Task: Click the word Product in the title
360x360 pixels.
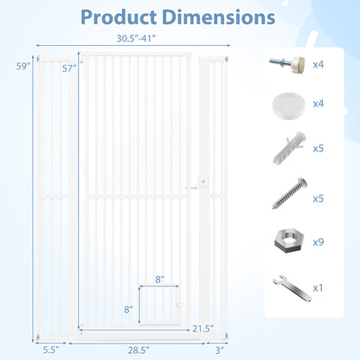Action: [x=119, y=17]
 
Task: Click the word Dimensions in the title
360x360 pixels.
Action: [x=219, y=17]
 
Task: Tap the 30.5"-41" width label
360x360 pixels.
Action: [x=136, y=38]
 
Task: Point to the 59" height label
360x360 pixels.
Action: [x=23, y=67]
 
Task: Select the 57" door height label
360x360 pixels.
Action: [x=69, y=68]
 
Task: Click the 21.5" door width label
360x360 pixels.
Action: [x=203, y=329]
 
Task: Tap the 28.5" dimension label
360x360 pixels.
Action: [x=138, y=350]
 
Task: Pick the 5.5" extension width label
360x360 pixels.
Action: [x=51, y=350]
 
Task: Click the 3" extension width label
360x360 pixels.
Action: [x=220, y=350]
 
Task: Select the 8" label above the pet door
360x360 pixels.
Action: [x=160, y=280]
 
